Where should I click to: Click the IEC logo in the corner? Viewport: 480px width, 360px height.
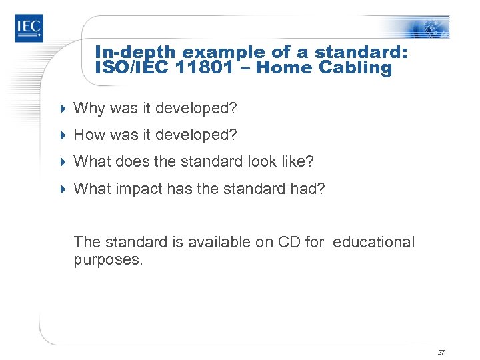point(29,27)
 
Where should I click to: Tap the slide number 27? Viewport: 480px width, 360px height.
point(441,352)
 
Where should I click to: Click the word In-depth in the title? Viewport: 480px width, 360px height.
point(136,52)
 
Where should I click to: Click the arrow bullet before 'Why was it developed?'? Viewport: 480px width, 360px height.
point(63,108)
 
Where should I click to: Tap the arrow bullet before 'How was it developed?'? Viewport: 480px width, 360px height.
point(63,135)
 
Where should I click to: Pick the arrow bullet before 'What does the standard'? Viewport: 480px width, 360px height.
point(63,162)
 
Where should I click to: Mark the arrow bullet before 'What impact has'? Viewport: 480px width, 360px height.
point(63,189)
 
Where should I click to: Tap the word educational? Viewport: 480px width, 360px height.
point(373,242)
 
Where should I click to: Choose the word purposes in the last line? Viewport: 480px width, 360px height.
point(106,260)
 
